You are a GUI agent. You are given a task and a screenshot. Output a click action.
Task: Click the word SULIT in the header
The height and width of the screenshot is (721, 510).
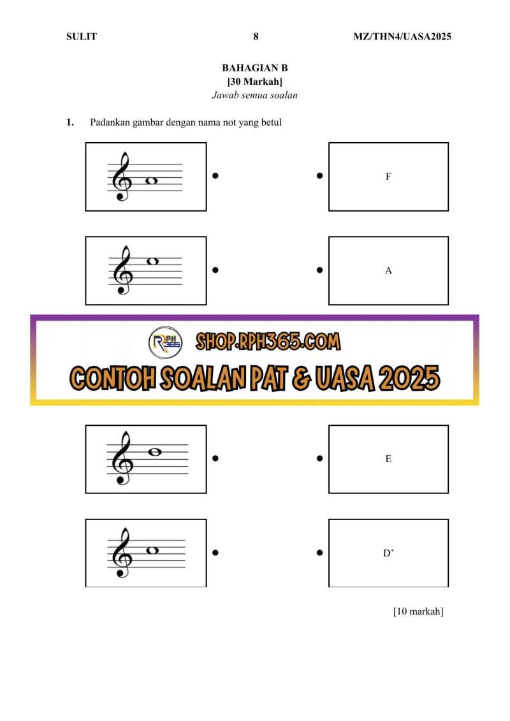(x=82, y=36)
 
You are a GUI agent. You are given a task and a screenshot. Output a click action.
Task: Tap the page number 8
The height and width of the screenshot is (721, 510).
(x=256, y=36)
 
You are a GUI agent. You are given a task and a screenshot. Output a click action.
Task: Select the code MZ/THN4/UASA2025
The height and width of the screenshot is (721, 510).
(x=402, y=36)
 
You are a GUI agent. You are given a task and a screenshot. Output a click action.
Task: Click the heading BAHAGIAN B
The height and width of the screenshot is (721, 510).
(x=255, y=68)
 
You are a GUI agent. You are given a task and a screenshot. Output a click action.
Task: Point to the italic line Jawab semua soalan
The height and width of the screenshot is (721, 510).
(x=254, y=95)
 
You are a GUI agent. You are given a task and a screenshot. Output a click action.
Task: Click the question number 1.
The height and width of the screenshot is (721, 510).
(x=70, y=122)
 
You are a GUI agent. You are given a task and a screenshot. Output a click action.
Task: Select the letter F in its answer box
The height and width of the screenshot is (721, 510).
(x=388, y=177)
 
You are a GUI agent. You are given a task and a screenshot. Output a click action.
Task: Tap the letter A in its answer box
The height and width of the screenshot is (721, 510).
(x=388, y=271)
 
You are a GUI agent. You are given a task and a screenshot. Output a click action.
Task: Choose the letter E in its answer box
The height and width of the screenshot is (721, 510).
(x=388, y=459)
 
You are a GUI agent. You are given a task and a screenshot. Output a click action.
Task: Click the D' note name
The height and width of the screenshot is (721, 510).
(x=388, y=553)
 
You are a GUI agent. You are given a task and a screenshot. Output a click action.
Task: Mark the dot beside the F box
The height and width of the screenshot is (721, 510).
(x=319, y=176)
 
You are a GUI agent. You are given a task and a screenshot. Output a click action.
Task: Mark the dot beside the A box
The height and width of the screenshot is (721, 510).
(x=319, y=270)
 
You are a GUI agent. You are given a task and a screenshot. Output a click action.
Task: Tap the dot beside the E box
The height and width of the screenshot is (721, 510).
(x=319, y=458)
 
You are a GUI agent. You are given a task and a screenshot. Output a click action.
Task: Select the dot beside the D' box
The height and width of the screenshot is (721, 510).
(x=319, y=553)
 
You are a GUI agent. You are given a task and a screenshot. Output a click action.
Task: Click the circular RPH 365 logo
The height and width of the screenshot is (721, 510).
(x=166, y=342)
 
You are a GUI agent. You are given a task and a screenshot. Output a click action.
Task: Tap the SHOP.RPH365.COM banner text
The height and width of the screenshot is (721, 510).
(x=268, y=342)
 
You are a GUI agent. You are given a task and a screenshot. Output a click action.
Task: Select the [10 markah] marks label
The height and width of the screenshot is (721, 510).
(x=418, y=611)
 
